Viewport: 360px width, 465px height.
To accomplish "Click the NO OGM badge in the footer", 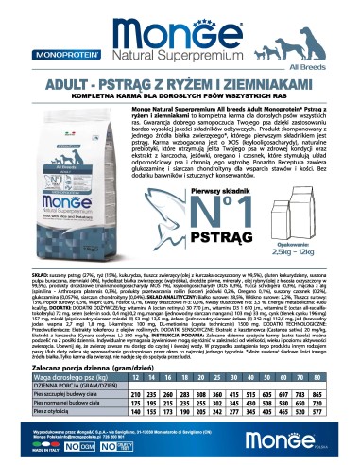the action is pos(131,450).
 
